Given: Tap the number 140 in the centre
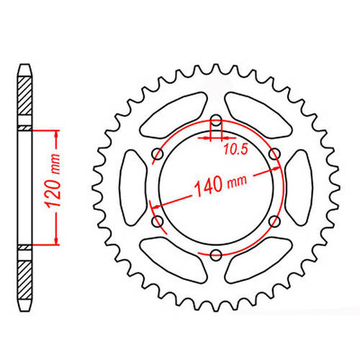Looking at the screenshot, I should click(x=207, y=192).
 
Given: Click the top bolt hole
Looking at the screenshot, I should click(x=215, y=120).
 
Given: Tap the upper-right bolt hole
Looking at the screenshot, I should click(x=274, y=154).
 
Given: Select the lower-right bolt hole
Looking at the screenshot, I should click(x=274, y=222).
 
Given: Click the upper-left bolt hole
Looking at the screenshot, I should click(x=156, y=154).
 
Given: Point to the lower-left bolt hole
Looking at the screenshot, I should click(x=156, y=222).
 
